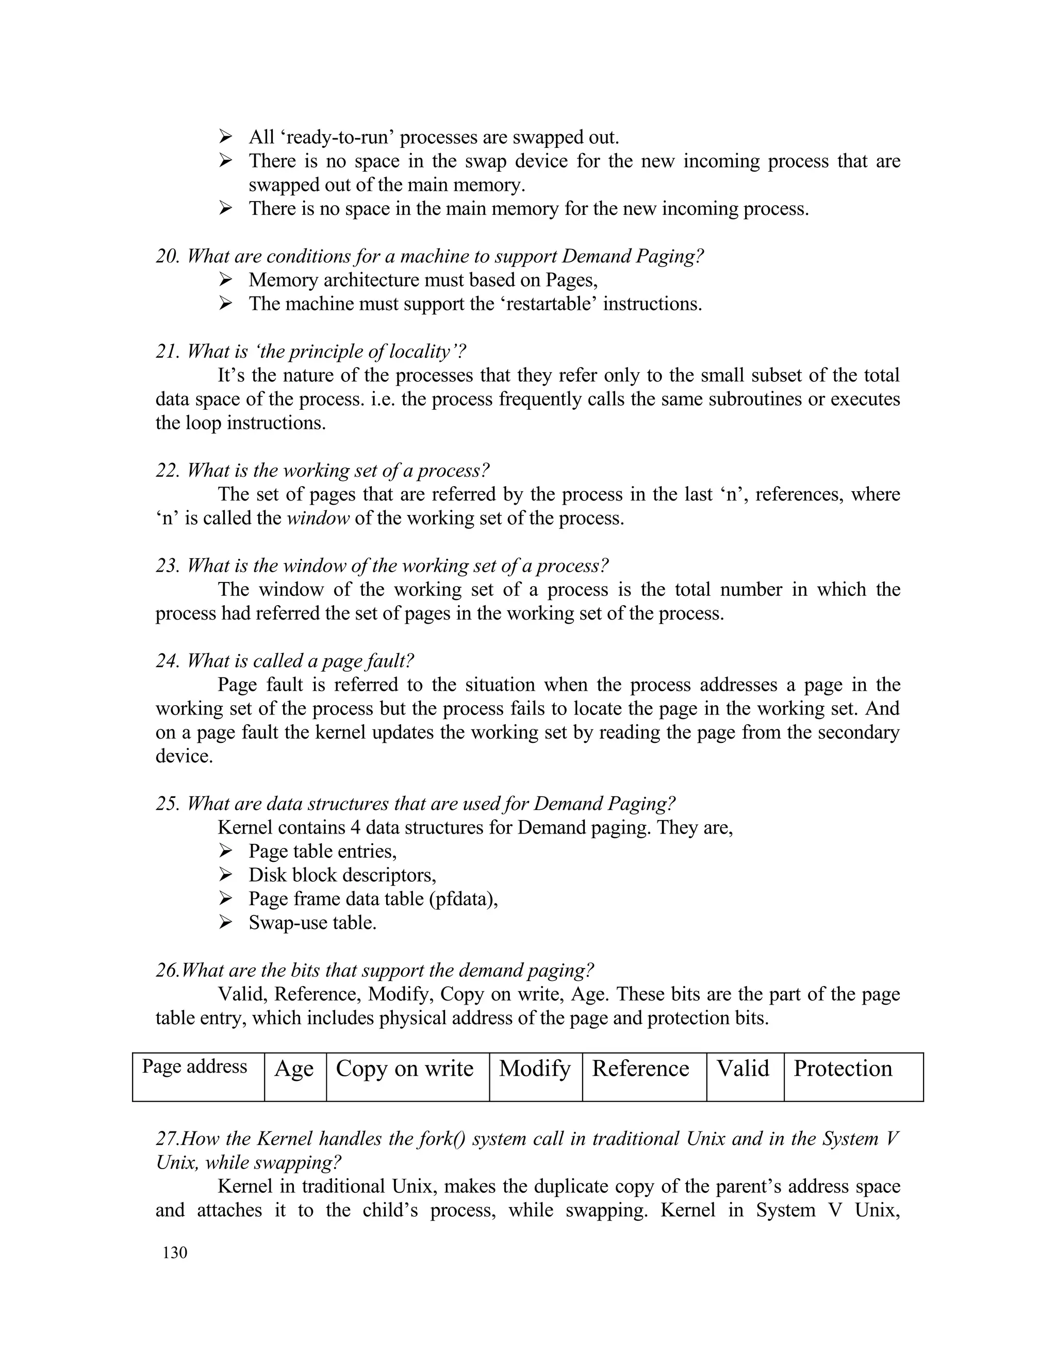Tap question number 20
point(168,256)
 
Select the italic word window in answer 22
point(318,519)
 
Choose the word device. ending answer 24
point(184,756)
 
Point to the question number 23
point(168,566)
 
